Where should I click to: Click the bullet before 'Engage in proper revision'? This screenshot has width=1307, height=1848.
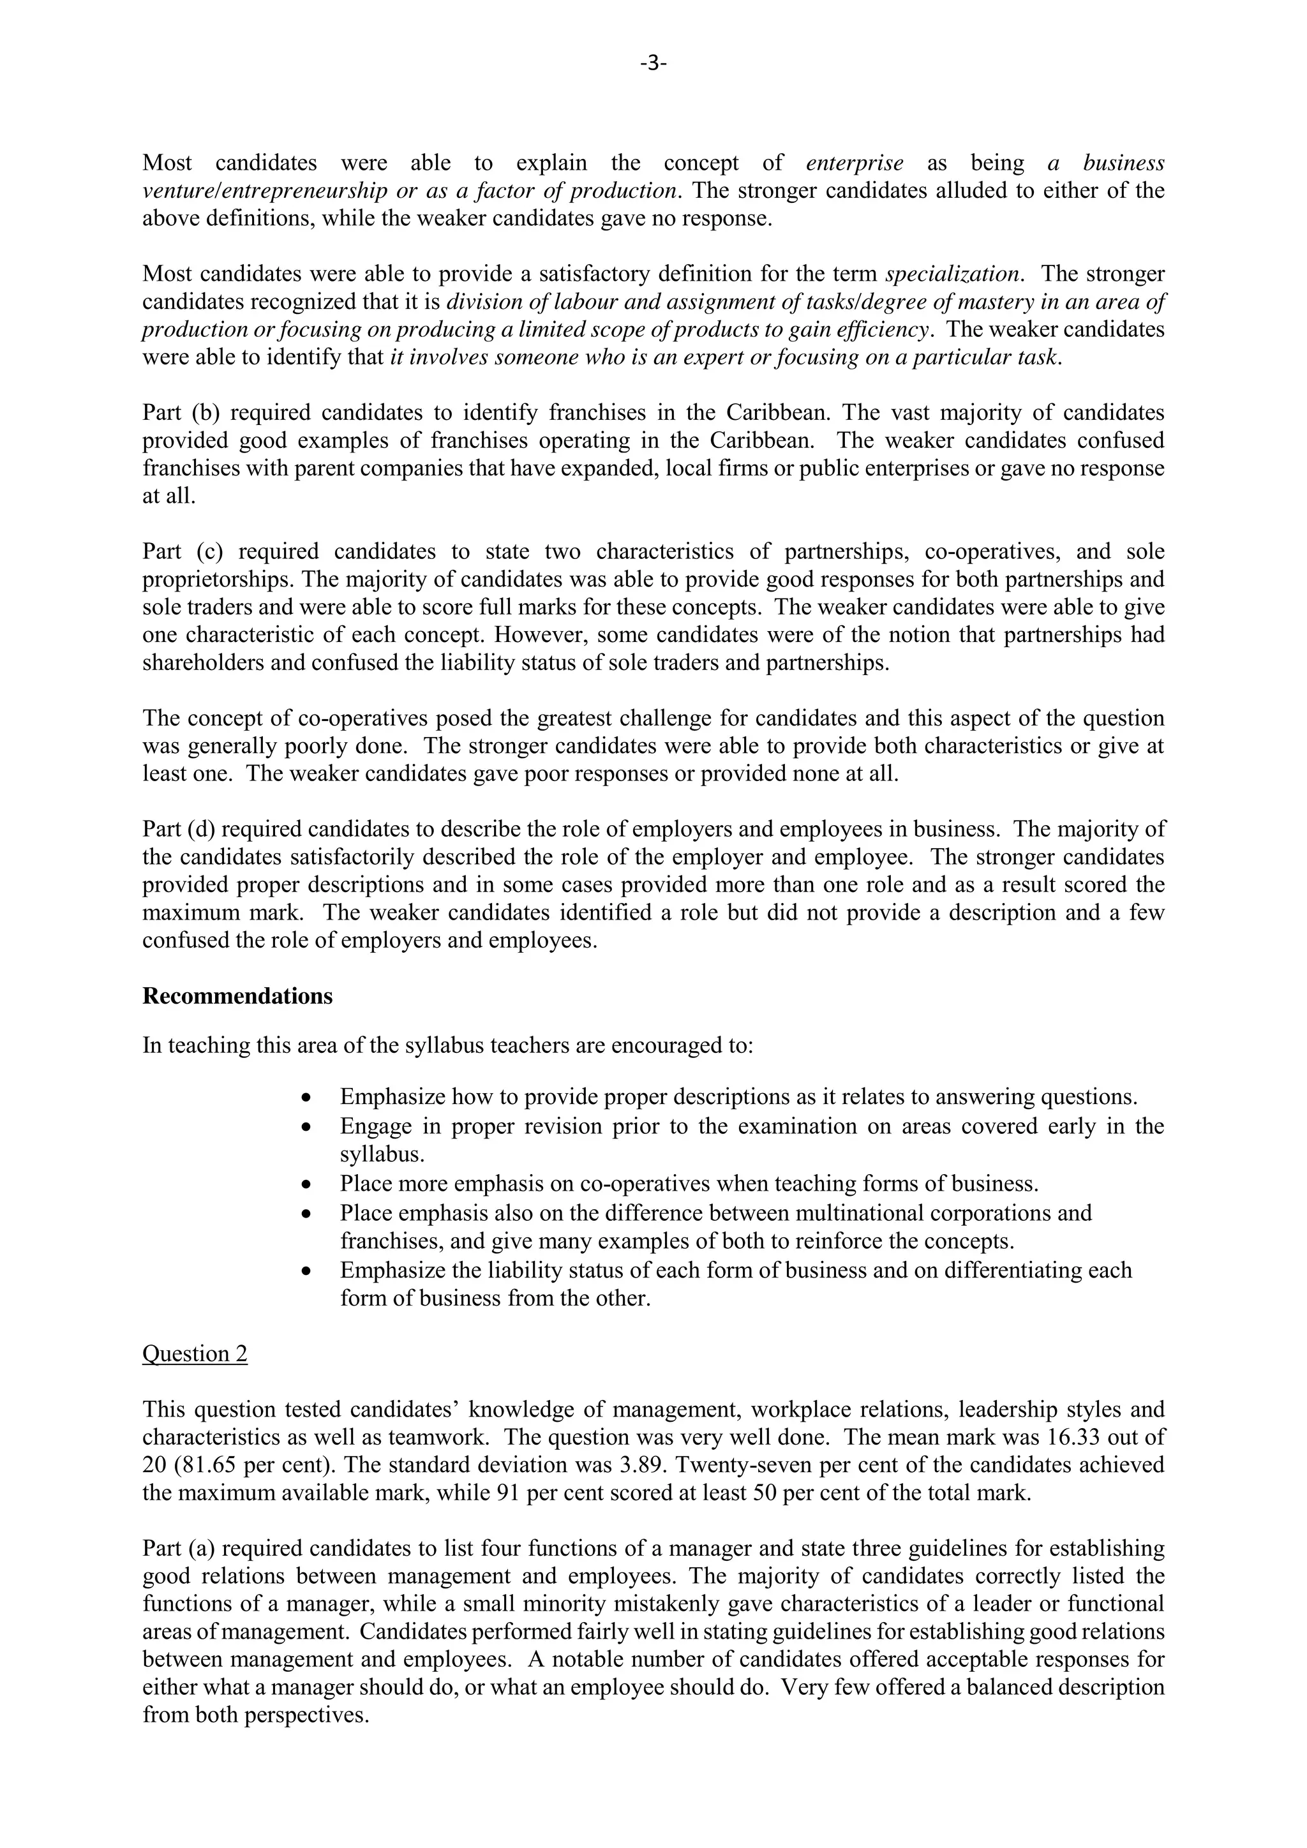point(305,1127)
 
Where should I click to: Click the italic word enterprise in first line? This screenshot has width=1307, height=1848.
point(854,163)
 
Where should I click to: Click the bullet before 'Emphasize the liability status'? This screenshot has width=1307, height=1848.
point(305,1271)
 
